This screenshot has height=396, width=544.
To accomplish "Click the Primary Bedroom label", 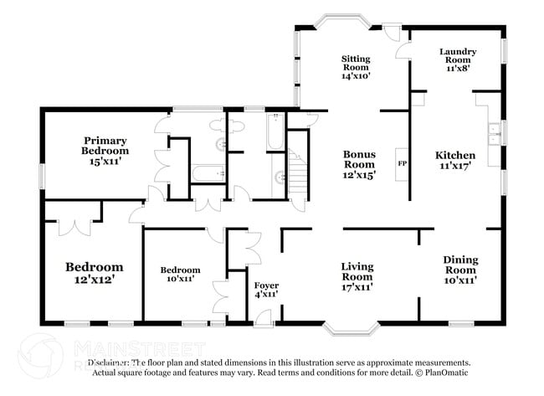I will click(103, 145).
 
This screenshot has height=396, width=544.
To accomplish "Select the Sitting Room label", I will click(356, 64).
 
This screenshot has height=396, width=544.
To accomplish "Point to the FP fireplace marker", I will click(402, 163).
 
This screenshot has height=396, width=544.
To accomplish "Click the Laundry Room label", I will click(458, 57).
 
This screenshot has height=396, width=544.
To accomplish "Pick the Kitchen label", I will click(455, 155).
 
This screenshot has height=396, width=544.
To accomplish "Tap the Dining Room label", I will click(459, 265).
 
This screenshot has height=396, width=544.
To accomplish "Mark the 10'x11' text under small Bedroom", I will click(180, 280).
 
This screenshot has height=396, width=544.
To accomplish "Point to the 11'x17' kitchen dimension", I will click(455, 166).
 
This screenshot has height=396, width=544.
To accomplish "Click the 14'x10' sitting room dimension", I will click(356, 75).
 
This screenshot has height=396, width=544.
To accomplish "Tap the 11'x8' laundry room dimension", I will click(458, 68).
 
